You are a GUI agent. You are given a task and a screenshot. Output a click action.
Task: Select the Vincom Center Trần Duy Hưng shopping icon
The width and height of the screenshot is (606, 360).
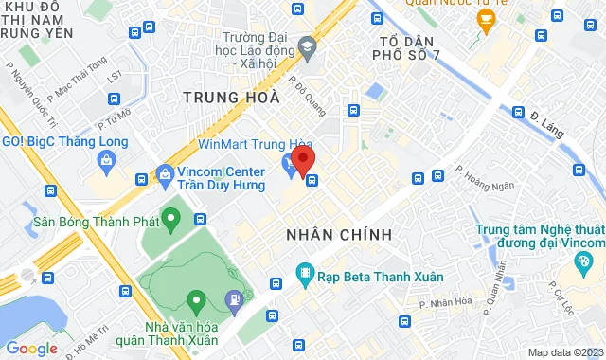[165, 174]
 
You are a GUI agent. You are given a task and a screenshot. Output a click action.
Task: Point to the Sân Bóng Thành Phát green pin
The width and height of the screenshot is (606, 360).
[170, 221]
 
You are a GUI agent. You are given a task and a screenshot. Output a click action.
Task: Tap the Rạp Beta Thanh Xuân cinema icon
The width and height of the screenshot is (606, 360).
[305, 275]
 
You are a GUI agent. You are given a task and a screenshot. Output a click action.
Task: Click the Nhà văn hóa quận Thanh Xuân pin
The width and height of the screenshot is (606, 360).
[196, 303]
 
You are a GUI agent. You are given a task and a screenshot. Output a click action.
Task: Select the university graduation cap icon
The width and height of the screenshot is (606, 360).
[307, 45]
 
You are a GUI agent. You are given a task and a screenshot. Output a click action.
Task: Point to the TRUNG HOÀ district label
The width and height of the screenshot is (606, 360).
[231, 97]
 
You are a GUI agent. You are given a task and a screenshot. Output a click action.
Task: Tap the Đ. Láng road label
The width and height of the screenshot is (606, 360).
[547, 124]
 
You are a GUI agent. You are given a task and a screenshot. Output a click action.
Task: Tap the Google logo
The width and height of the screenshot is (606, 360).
[31, 349]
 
